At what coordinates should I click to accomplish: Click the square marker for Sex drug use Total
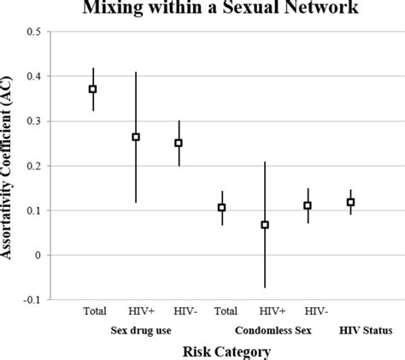click(93, 88)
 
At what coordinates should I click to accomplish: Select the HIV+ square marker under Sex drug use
click(136, 137)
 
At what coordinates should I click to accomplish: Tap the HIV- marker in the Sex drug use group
click(179, 143)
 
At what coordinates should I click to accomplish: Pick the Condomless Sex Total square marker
click(221, 207)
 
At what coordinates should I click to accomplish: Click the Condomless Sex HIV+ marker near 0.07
click(265, 225)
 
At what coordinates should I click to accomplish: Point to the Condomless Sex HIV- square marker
click(308, 205)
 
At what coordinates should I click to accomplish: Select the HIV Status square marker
click(350, 202)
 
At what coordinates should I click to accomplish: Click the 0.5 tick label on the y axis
click(34, 32)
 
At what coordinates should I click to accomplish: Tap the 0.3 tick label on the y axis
click(34, 121)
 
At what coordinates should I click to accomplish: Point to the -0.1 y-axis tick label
click(32, 299)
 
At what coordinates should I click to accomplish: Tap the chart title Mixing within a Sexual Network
click(220, 9)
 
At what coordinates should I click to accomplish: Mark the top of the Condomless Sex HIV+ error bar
click(265, 162)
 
